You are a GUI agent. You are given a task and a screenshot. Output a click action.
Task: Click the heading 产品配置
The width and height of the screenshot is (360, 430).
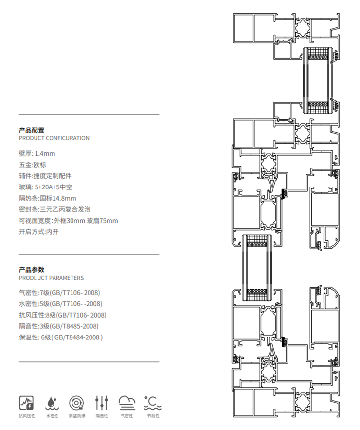point(32,130)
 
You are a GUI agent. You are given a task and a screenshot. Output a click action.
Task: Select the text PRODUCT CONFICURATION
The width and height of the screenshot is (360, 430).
point(54,138)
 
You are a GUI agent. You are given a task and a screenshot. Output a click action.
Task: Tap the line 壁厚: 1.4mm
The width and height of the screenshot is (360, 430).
point(37,154)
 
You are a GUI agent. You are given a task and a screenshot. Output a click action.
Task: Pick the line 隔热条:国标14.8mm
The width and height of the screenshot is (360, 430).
point(47,198)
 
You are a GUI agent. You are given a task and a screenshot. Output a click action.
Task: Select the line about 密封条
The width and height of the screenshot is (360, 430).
point(54,209)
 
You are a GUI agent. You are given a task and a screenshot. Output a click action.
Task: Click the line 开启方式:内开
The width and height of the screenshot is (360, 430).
point(38,232)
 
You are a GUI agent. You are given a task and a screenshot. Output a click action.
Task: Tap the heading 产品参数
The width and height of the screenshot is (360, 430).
point(32,270)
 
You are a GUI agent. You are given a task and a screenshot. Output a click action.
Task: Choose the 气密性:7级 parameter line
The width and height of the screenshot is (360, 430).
point(59,293)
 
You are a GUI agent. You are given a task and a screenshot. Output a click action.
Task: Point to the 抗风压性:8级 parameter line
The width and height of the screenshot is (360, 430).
point(62,315)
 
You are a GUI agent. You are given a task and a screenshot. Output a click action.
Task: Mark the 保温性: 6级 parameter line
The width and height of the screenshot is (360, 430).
point(61,337)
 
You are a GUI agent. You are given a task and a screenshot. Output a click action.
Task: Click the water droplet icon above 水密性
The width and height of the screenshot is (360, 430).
point(52,402)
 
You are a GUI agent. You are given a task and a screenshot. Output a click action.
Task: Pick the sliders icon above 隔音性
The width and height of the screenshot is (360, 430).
point(102,402)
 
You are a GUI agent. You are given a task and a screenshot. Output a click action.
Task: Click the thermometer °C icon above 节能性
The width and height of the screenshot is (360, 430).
point(152,402)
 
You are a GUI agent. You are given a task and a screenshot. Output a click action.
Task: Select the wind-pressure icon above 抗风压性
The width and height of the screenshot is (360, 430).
point(26,402)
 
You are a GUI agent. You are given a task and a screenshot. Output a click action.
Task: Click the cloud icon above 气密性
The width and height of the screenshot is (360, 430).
point(127,402)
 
